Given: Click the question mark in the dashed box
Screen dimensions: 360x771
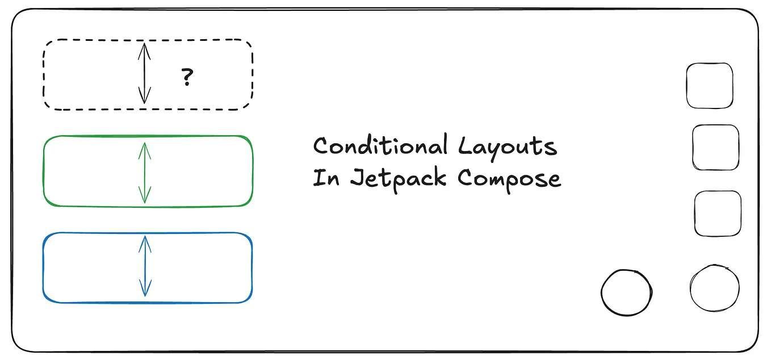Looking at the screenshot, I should (x=187, y=77).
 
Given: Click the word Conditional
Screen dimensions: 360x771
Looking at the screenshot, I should (x=380, y=146).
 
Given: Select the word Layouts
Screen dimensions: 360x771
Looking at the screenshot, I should (x=508, y=147).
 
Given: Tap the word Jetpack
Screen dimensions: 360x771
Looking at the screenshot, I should (x=400, y=178).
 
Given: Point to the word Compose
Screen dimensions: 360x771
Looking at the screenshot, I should (x=509, y=178).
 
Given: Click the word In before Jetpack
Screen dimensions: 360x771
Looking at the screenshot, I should (x=326, y=178).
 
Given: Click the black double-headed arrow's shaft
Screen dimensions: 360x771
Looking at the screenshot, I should (x=145, y=74).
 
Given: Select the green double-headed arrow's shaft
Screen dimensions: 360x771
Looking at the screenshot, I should (x=145, y=172).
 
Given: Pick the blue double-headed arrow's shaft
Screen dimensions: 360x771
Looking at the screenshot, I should (x=145, y=267).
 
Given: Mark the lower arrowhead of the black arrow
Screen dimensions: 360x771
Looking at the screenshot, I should (x=145, y=98).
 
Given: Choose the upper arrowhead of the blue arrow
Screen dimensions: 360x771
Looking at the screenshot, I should (x=145, y=242).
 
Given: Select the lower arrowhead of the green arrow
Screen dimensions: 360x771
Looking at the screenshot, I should (x=145, y=197).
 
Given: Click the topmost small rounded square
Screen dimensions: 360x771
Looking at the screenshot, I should (x=710, y=86).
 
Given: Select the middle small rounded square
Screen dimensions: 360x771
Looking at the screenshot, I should (x=716, y=147).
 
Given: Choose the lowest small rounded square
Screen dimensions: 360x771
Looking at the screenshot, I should (x=718, y=214).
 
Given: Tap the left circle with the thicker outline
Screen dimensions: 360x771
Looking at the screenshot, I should (x=626, y=292).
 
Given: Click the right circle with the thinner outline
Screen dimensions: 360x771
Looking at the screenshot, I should (x=715, y=288).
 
